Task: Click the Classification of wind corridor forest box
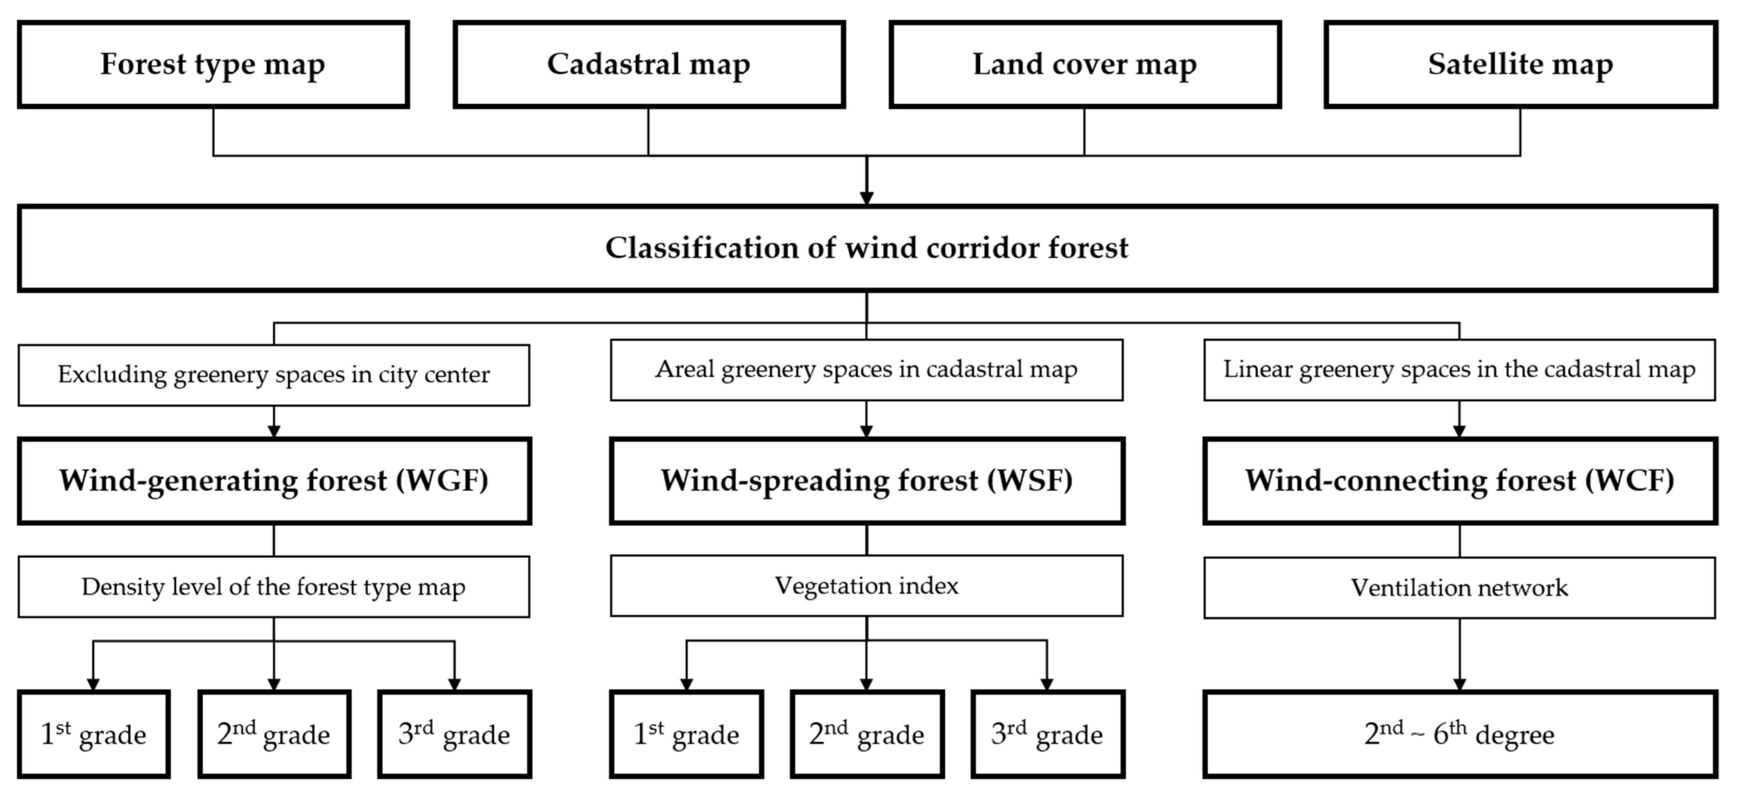867,248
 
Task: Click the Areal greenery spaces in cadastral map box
867,370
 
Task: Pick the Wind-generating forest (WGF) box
274,481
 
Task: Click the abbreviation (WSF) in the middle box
1030,481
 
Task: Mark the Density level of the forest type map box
274,586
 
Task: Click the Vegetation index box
867,586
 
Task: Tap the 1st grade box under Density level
93,734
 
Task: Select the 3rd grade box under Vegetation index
1047,734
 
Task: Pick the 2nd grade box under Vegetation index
867,734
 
